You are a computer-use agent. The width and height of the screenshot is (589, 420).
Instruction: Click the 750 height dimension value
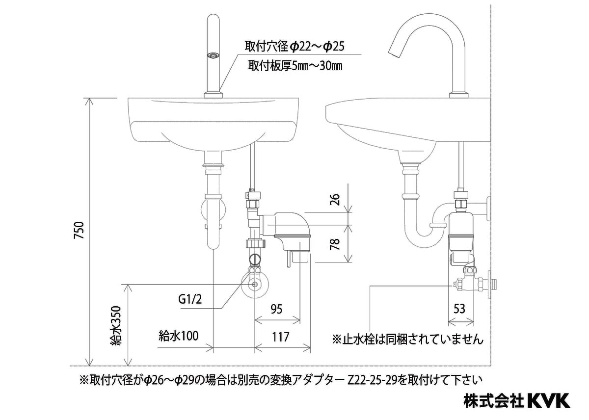coord(80,231)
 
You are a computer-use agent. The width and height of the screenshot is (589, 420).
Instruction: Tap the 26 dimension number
coord(334,199)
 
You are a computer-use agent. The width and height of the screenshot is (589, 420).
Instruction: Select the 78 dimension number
coord(334,244)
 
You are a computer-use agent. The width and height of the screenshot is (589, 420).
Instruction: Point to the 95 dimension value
coord(276,309)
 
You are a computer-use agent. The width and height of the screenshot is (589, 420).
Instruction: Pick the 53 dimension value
coord(459,309)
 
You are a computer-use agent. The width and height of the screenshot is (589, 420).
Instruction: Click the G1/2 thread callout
coord(190,299)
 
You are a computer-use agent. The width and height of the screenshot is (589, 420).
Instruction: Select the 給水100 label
coord(178,336)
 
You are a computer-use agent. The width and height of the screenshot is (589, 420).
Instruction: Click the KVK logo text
coord(548,400)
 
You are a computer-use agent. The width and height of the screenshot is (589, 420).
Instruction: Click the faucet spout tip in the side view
coord(393,52)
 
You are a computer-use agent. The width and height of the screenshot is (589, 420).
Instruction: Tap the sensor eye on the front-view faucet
coord(213,56)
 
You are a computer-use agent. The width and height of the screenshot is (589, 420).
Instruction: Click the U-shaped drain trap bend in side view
coord(423,239)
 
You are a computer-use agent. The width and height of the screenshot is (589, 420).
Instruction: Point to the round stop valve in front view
coord(255,285)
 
